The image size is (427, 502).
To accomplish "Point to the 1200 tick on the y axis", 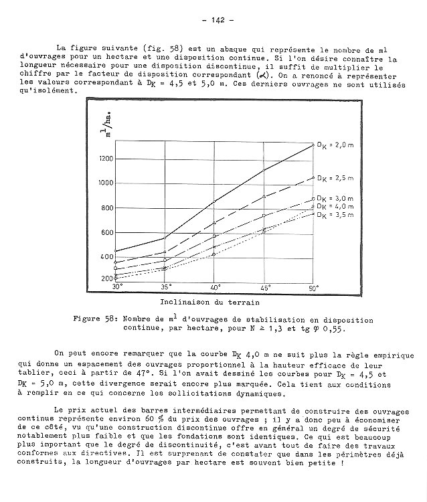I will pyautogui.click(x=106, y=159).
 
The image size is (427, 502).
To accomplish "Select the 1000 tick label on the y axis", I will pyautogui.click(x=106, y=183).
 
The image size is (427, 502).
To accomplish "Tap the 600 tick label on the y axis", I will pyautogui.click(x=107, y=232).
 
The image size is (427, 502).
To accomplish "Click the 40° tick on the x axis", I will pyautogui.click(x=216, y=287).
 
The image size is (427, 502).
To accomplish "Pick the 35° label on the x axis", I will pyautogui.click(x=165, y=287).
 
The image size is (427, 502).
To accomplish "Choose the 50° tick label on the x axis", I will pyautogui.click(x=313, y=287).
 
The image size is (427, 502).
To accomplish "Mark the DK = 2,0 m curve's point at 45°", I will pyautogui.click(x=264, y=170).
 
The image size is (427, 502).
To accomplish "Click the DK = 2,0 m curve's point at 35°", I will pyautogui.click(x=165, y=238).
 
